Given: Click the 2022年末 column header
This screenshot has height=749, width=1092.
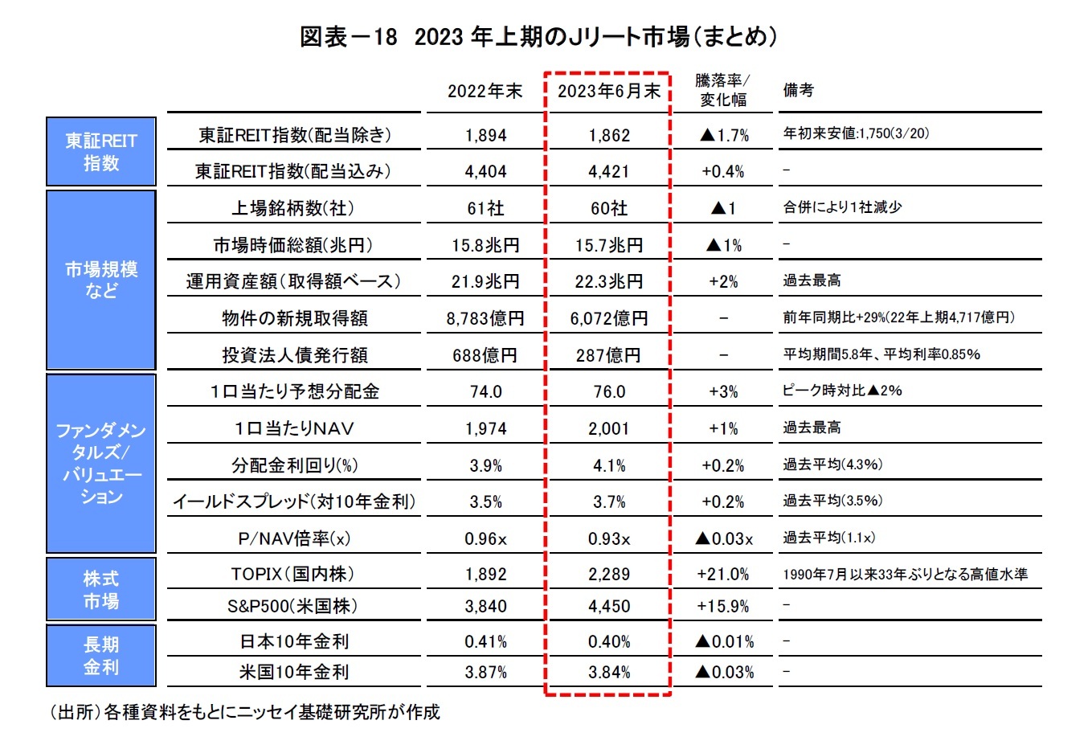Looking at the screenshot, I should coord(485,91).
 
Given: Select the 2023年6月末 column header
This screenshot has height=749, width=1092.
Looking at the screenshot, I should coord(608,91).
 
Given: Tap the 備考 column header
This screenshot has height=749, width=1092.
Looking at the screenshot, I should coord(799,90).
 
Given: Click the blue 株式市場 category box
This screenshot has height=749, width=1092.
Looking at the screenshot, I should coord(101,589).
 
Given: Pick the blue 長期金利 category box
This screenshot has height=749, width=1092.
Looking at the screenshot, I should coord(101,656).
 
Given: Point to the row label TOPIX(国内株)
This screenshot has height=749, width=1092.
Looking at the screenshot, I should coord(293,574).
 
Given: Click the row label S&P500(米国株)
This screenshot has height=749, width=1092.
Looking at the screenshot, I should coord(293,606).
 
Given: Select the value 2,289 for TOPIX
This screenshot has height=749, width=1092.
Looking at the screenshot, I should coord(609,575).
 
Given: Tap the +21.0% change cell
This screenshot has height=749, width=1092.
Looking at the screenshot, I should coord(723,575).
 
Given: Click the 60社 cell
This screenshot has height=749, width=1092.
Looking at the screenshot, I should coord(609,208).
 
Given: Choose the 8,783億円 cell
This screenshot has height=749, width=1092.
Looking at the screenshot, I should coord(485,318).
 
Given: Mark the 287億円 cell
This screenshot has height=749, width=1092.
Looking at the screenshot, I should coord(608,355).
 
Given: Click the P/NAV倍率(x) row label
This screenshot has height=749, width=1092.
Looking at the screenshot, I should coord(294,538).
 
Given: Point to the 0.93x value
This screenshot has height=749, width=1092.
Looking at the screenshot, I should coord(609,538).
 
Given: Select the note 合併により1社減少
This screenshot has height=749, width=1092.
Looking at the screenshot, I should coord(843,207).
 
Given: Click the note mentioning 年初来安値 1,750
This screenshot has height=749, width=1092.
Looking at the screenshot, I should coord(856,133).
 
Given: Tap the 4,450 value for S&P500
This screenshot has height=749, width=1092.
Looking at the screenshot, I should coord(609,606).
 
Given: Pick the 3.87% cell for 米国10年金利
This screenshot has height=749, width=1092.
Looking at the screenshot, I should coord(485,672).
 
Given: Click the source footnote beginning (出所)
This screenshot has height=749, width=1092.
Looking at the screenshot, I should coord(245,712).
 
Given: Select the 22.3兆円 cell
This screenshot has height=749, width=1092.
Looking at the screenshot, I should coord(609,281).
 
